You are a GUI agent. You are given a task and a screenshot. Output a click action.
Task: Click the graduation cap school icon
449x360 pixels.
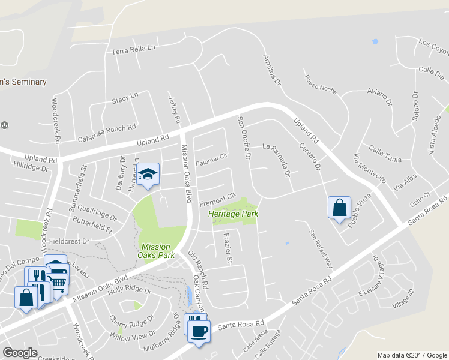148,175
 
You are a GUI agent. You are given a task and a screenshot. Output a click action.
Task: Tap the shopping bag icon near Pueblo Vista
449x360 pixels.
339,208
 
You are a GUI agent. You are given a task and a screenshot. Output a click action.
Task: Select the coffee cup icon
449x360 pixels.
199,330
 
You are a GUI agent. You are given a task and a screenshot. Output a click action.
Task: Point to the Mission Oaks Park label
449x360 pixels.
156,251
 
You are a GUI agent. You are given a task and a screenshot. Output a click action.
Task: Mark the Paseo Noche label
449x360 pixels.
321,83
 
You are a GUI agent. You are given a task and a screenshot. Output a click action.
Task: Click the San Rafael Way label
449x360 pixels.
320,249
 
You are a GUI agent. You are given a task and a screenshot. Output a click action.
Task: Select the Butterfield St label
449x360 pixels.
92,226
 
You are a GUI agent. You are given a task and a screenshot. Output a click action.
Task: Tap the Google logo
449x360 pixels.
20,353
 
